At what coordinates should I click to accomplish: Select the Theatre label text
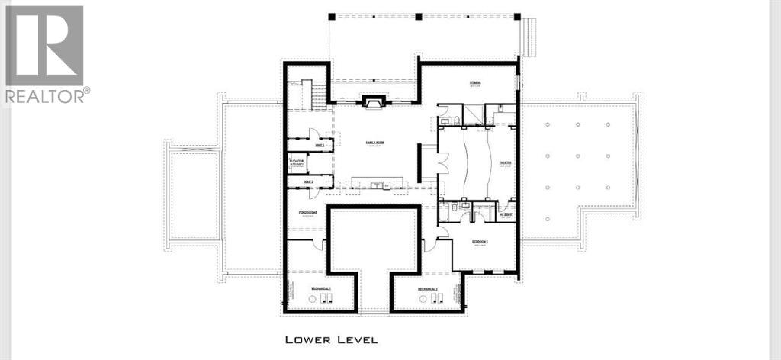click(505, 162)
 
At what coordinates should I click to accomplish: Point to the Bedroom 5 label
click(480, 242)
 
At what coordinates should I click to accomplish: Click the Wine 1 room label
click(298, 144)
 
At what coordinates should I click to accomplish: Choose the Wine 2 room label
click(298, 182)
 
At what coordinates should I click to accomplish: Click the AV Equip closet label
click(506, 216)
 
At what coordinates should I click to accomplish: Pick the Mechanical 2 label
click(427, 289)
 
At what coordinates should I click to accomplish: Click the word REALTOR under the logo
click(44, 95)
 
